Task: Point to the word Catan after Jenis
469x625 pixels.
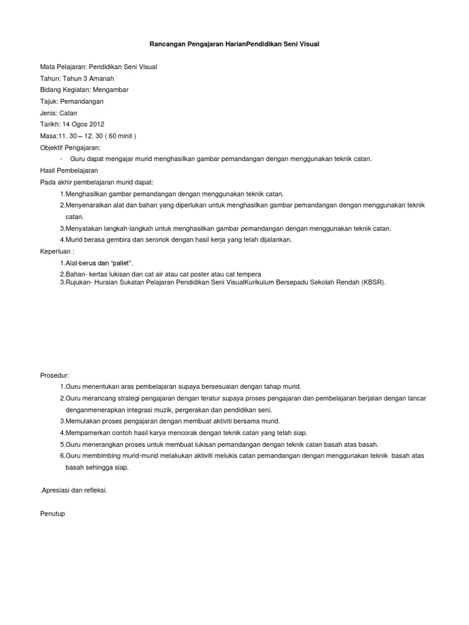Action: coord(68,113)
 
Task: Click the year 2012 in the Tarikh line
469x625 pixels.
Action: coord(104,125)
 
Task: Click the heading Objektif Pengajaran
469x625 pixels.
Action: coord(70,147)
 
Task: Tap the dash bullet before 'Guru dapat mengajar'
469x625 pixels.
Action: coord(62,159)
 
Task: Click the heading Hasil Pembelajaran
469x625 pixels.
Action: coord(69,170)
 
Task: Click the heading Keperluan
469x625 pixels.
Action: coord(57,251)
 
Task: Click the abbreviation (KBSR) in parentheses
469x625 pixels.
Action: coord(373,283)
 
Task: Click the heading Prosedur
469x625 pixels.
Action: coord(54,375)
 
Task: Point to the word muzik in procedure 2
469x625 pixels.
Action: coord(167,410)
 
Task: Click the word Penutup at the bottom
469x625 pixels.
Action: coord(53,514)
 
